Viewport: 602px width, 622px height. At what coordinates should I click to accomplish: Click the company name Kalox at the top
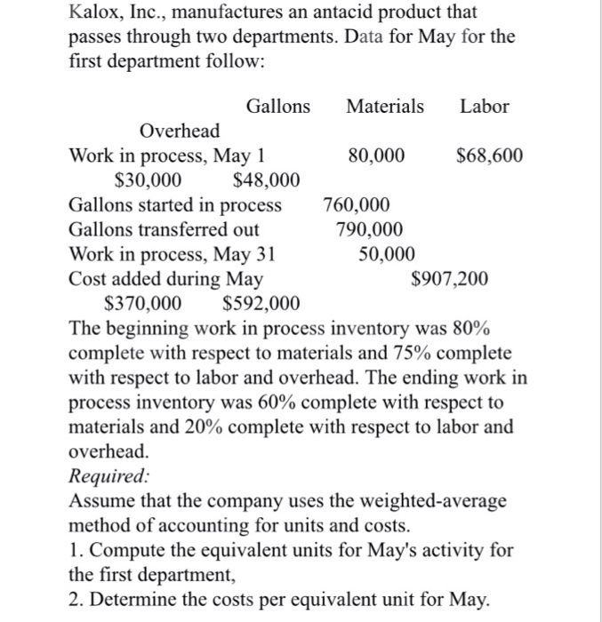click(x=95, y=13)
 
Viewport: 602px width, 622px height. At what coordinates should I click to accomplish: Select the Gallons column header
click(x=278, y=107)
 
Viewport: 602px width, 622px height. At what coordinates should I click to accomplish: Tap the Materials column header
click(x=385, y=107)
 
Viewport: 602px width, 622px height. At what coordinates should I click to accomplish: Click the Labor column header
click(x=484, y=107)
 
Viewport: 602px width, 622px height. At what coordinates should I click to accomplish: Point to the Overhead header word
click(x=181, y=132)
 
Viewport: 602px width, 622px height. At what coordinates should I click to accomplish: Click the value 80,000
click(x=377, y=156)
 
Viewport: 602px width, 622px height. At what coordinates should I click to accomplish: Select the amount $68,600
click(x=489, y=156)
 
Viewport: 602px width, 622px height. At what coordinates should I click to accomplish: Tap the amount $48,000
click(x=265, y=181)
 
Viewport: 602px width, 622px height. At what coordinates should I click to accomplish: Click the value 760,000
click(x=356, y=206)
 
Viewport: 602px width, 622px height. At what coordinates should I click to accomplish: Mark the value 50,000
click(x=386, y=255)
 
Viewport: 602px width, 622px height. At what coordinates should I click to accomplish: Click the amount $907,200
click(x=450, y=280)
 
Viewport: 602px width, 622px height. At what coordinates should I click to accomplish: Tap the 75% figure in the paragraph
click(x=403, y=354)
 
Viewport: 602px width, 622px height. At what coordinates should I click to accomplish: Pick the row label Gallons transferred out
click(x=165, y=230)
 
